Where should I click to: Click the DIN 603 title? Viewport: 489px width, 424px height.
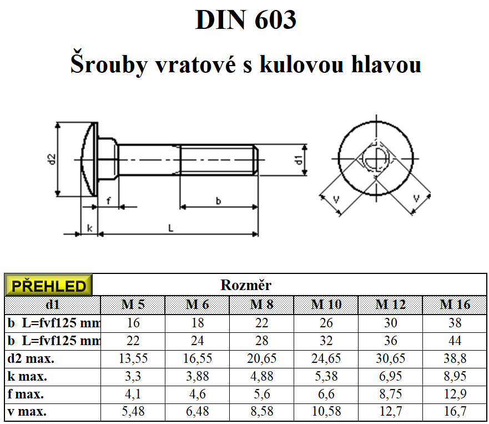point(245,19)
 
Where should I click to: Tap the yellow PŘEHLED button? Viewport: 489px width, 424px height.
point(48,286)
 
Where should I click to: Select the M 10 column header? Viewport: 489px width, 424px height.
point(326,305)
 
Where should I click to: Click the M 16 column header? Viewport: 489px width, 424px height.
point(455,305)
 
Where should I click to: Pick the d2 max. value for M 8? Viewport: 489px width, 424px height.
point(261,358)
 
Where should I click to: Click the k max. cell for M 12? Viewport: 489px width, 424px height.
point(390,376)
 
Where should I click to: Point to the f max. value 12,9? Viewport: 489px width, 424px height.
point(455,394)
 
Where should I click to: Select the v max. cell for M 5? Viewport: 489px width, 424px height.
point(133,412)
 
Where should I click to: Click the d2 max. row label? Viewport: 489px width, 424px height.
point(31,358)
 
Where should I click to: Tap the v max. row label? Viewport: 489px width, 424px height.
point(27,412)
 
